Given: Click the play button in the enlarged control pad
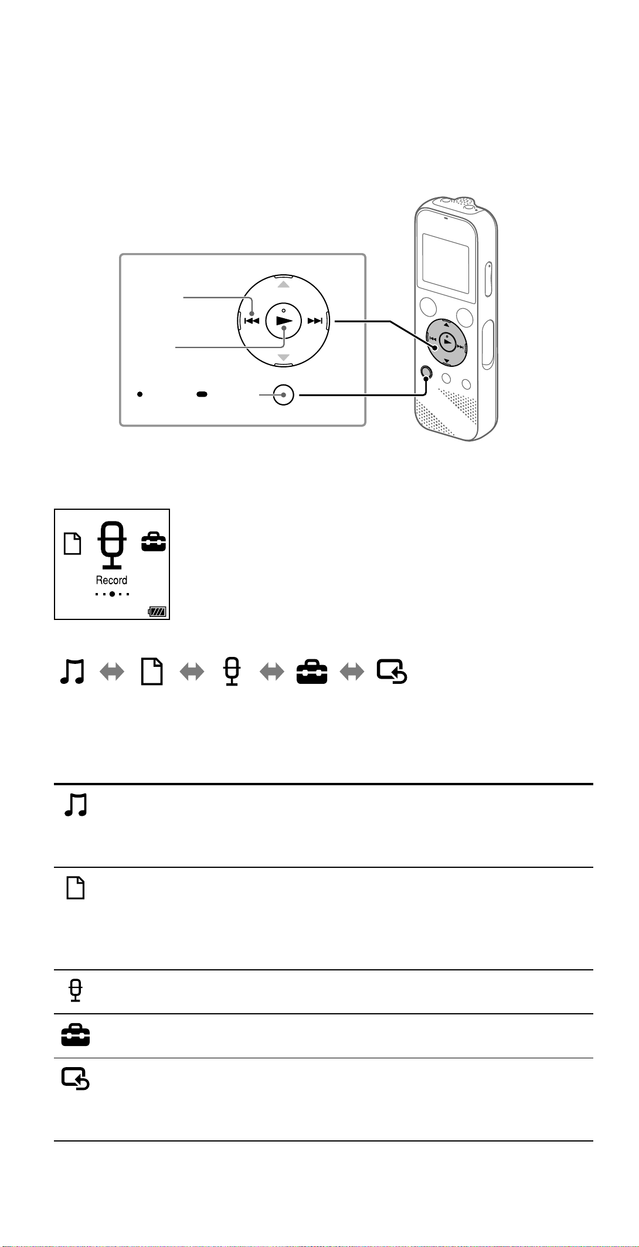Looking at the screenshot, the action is pyautogui.click(x=284, y=321).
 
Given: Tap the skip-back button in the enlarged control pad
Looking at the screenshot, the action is pyautogui.click(x=251, y=321).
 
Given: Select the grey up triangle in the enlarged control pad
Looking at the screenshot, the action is pyautogui.click(x=284, y=284).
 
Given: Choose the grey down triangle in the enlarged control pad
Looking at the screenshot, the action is pyautogui.click(x=284, y=357).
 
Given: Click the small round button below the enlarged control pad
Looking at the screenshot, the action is pyautogui.click(x=284, y=396).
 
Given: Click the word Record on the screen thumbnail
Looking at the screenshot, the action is pyautogui.click(x=111, y=580).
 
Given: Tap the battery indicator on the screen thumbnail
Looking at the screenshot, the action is pyautogui.click(x=157, y=612).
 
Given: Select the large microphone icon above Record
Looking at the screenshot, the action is pyautogui.click(x=111, y=545).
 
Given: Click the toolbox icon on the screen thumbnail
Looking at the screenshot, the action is pyautogui.click(x=154, y=543).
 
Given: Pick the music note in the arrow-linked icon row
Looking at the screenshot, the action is pyautogui.click(x=73, y=672).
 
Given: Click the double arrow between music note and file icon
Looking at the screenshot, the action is pyautogui.click(x=112, y=673).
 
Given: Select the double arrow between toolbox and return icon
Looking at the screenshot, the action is pyautogui.click(x=352, y=673).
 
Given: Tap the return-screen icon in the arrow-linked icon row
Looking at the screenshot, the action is pyautogui.click(x=392, y=672).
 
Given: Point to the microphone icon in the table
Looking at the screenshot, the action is pyautogui.click(x=76, y=991).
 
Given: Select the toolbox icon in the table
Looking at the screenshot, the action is pyautogui.click(x=76, y=1036).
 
